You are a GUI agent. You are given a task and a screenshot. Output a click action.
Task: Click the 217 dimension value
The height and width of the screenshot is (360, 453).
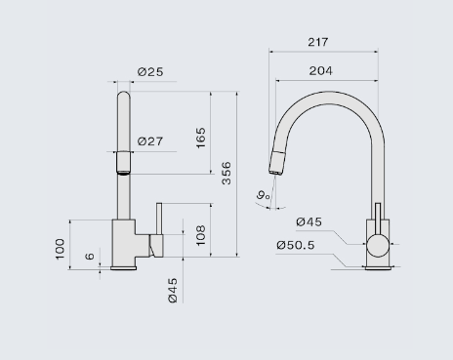coord(318,42)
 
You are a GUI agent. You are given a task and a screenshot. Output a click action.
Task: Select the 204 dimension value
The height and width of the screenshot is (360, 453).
coord(320,71)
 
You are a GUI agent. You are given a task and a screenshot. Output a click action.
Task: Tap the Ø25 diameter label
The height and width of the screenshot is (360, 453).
coord(150,72)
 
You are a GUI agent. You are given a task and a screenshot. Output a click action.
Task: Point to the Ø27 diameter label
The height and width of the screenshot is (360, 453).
coord(150,141)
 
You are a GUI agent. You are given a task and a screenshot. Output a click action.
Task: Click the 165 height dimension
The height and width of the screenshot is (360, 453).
coord(201,138)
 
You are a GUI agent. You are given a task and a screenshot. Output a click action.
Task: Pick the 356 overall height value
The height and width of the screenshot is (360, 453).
coord(226,173)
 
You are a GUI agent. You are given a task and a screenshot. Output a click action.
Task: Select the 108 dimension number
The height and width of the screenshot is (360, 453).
coord(201,235)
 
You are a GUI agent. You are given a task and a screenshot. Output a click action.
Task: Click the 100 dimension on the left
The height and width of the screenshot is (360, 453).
coord(61,249)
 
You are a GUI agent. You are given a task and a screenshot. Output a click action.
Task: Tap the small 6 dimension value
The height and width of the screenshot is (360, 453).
coord(90,256)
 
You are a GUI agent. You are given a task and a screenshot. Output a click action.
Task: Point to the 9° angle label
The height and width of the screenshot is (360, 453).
coord(263,195)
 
